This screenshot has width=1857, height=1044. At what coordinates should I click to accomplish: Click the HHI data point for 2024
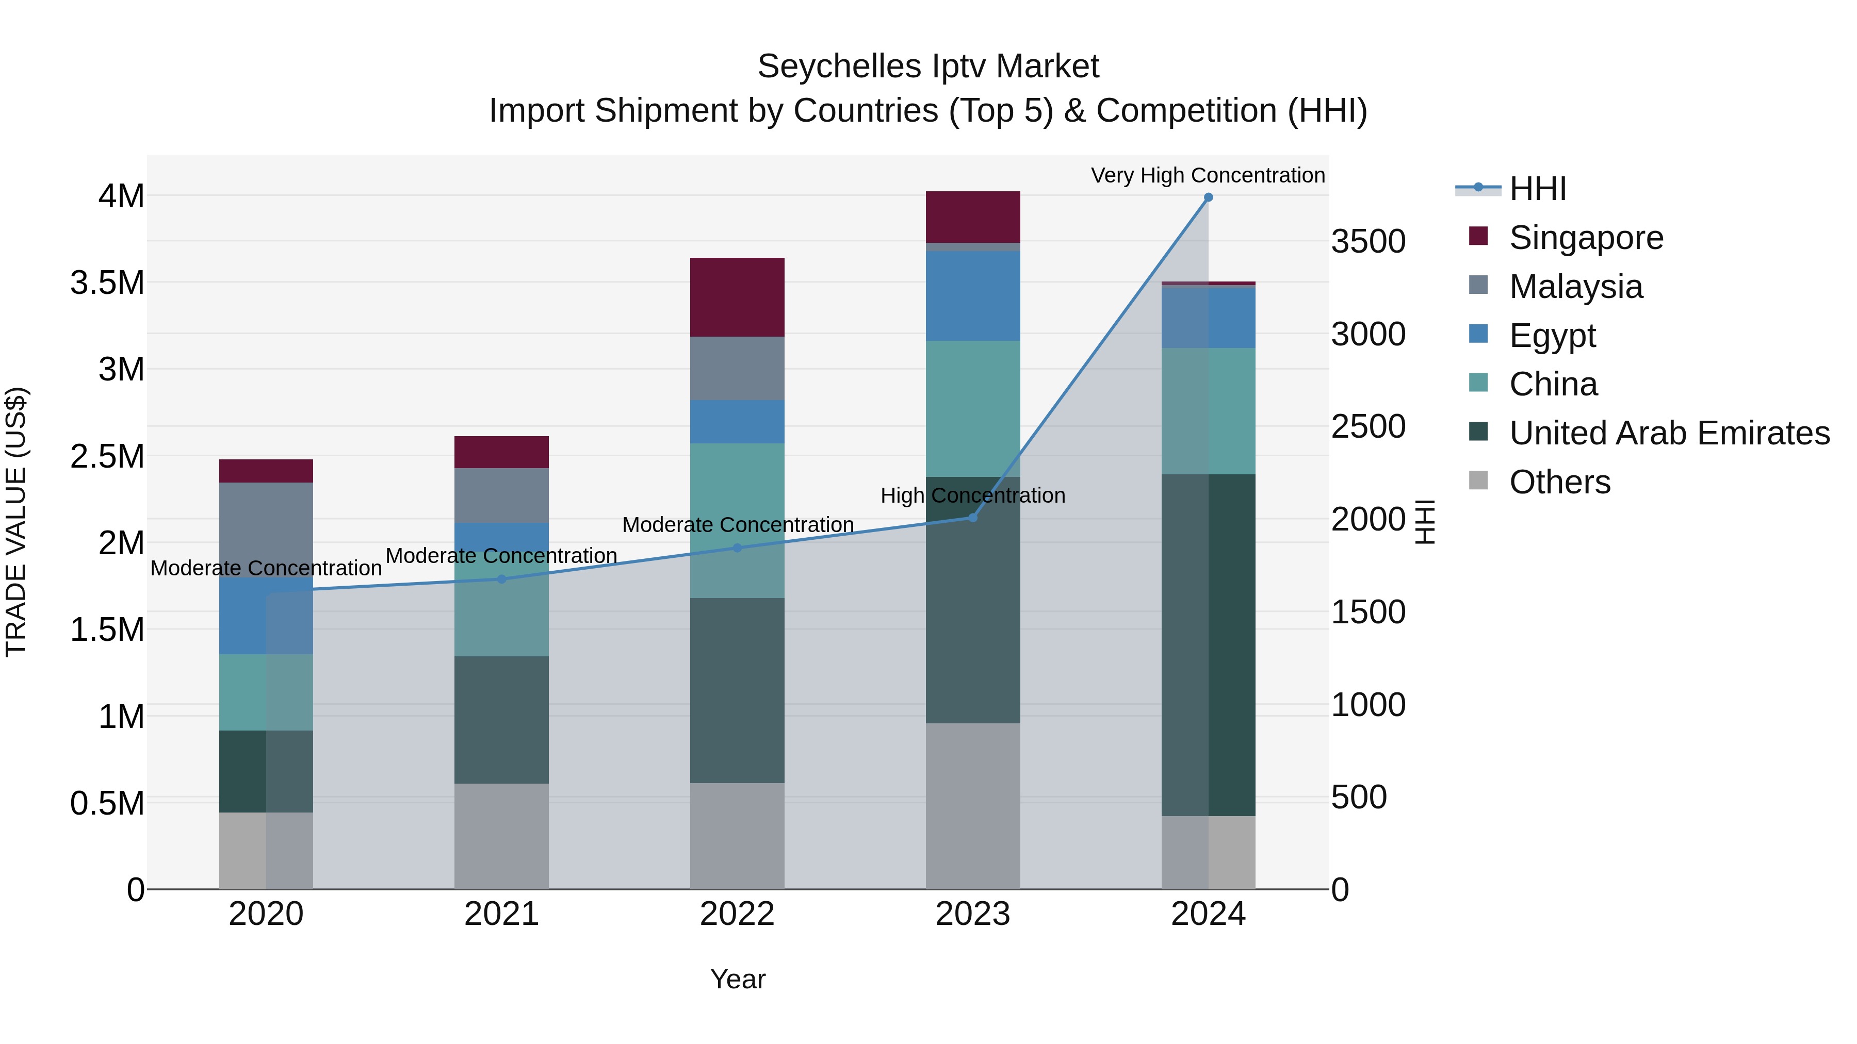(x=1208, y=197)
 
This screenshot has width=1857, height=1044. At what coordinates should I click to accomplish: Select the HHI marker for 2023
(x=972, y=517)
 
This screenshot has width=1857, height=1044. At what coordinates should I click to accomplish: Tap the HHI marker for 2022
(x=737, y=548)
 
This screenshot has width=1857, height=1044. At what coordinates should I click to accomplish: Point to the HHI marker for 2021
(x=502, y=578)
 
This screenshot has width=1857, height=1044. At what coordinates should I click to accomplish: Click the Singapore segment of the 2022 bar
(x=737, y=297)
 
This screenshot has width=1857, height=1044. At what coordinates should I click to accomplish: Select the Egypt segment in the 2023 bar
(x=972, y=295)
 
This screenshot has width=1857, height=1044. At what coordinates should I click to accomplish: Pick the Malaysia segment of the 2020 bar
(x=266, y=529)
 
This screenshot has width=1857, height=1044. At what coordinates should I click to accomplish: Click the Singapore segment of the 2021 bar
(x=502, y=452)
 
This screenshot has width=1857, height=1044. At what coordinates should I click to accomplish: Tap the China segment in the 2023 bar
(x=972, y=408)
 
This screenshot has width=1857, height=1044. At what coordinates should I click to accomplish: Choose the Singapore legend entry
(x=1586, y=238)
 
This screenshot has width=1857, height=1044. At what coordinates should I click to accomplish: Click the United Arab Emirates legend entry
(x=1669, y=433)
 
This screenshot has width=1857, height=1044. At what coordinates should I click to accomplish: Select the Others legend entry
(x=1559, y=482)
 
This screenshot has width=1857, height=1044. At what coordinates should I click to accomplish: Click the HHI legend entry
(x=1537, y=189)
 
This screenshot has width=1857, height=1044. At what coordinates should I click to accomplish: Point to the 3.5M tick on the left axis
(x=107, y=283)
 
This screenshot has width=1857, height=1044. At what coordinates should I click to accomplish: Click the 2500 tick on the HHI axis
(x=1367, y=426)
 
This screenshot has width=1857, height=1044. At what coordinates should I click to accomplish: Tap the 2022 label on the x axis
(x=737, y=914)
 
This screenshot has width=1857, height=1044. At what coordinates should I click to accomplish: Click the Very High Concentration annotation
(x=1208, y=175)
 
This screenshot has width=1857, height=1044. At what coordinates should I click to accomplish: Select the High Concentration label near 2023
(x=972, y=495)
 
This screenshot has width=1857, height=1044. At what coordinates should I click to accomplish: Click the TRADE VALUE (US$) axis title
(x=17, y=522)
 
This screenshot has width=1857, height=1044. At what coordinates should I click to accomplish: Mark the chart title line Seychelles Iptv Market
(x=928, y=67)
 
